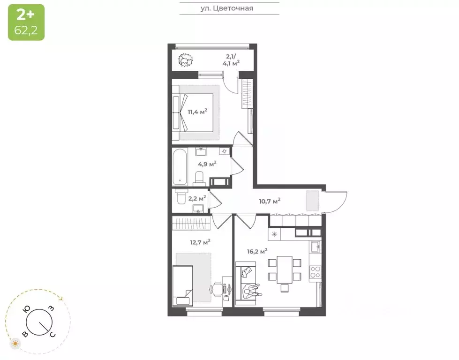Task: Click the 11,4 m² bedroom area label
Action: pos(197,112)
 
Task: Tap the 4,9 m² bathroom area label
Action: pos(207,164)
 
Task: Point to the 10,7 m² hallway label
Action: pos(270,201)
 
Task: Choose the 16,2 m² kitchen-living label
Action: pos(257,251)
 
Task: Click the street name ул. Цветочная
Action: pos(229,8)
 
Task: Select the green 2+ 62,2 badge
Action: pos(26,22)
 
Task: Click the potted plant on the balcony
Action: pos(186,60)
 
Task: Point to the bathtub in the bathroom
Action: pos(179,167)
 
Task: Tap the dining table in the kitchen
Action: pos(284,269)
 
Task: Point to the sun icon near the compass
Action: pos(15,344)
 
